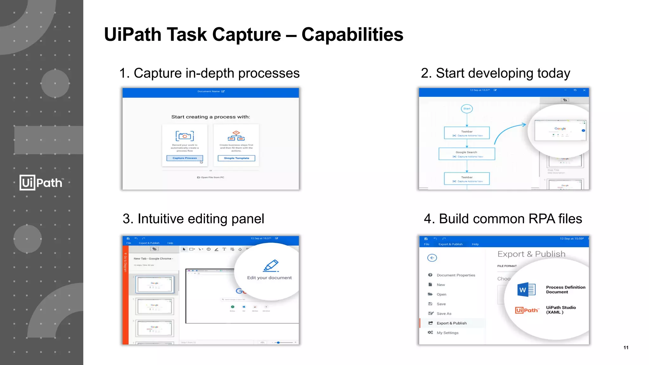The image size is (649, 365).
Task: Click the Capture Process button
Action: (185, 158)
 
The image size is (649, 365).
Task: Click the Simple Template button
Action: (236, 158)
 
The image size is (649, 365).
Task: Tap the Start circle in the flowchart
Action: (467, 109)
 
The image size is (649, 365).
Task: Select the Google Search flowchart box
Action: (466, 154)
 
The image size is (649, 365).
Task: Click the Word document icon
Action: (526, 290)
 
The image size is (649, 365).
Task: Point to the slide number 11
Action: (626, 348)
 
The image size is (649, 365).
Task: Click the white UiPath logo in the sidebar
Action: (41, 182)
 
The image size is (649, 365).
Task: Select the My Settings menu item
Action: (447, 333)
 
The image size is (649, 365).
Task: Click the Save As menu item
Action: (444, 314)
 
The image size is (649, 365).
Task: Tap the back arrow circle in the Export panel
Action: (432, 258)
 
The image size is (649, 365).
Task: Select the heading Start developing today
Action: (495, 73)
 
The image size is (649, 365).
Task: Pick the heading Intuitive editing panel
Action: (193, 219)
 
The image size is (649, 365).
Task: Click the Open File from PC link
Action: (211, 177)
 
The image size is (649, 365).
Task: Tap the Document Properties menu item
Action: (455, 275)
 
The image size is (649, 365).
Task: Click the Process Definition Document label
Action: (565, 290)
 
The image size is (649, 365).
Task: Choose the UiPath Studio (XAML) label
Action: (561, 310)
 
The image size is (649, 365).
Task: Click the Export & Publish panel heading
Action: (531, 254)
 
